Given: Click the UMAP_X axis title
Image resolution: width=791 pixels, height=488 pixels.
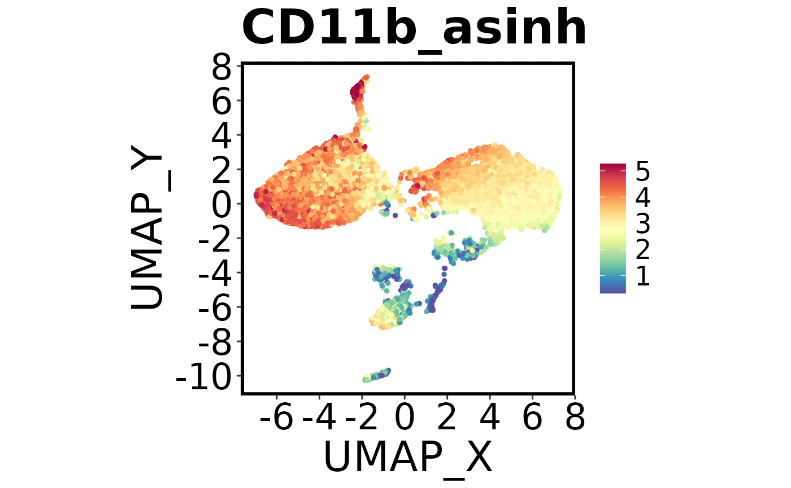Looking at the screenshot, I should (408, 456).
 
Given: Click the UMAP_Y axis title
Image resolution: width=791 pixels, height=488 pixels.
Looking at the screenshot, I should (147, 231).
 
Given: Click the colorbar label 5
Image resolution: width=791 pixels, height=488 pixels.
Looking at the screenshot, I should (642, 172).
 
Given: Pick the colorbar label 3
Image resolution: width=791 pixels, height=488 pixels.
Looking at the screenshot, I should (642, 224).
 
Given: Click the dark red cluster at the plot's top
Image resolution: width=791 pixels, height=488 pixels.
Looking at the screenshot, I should (358, 90).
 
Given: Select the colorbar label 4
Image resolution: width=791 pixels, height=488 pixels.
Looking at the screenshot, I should (642, 197).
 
